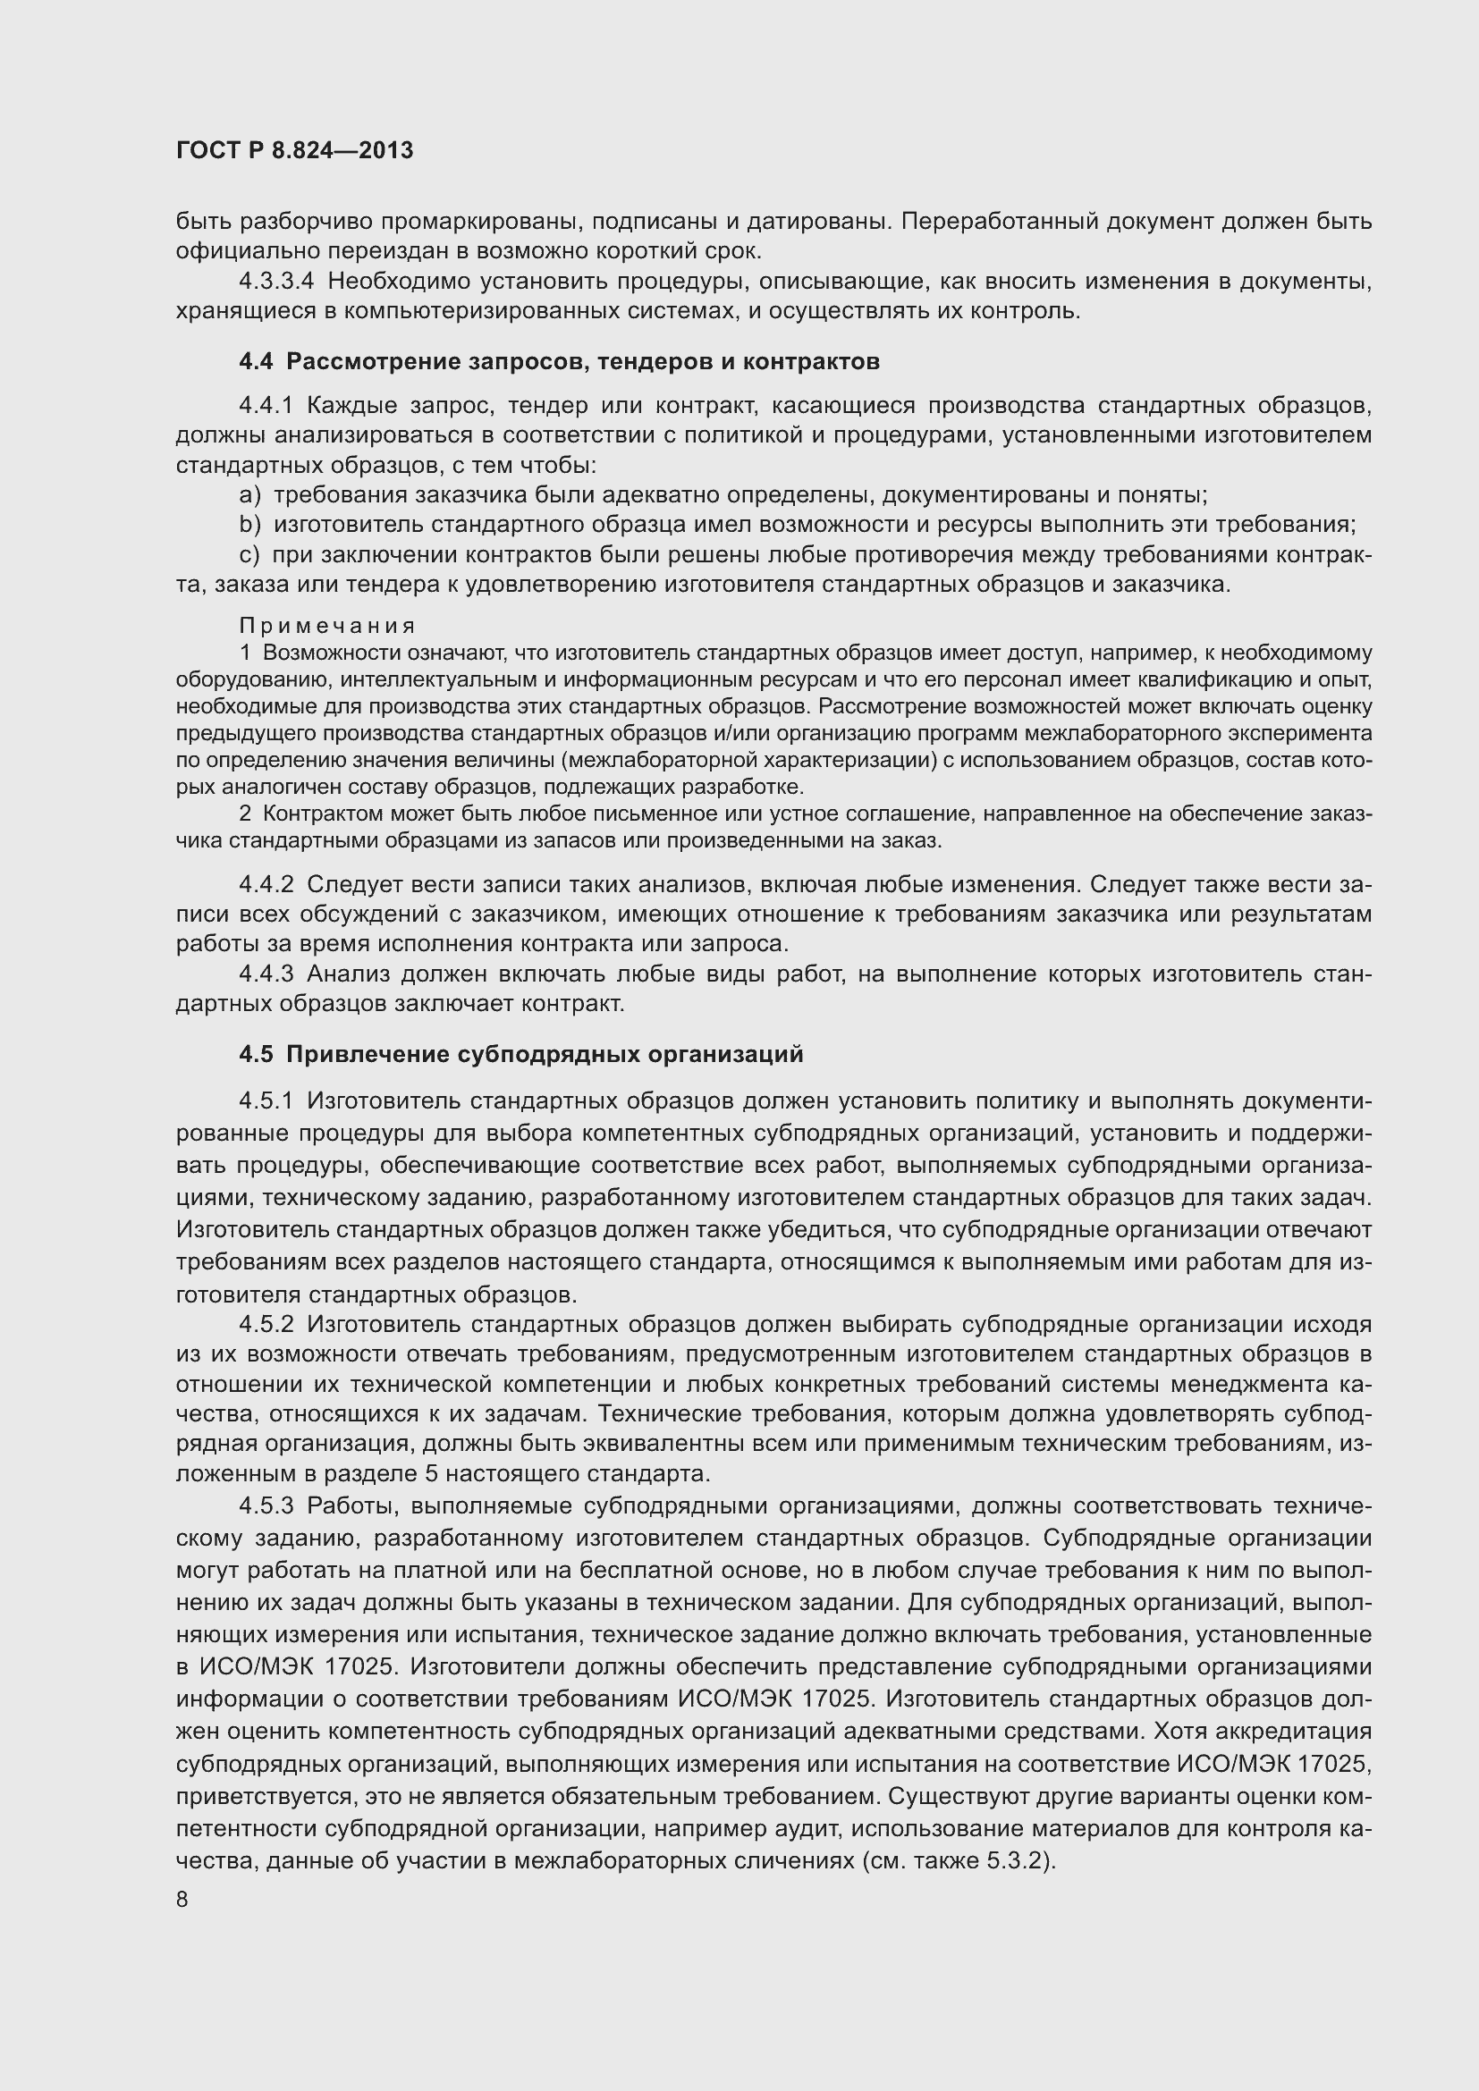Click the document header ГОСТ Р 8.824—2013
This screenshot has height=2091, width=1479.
[x=294, y=150]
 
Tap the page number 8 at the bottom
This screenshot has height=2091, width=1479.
[x=182, y=1900]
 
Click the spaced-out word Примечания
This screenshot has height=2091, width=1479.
[x=327, y=626]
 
